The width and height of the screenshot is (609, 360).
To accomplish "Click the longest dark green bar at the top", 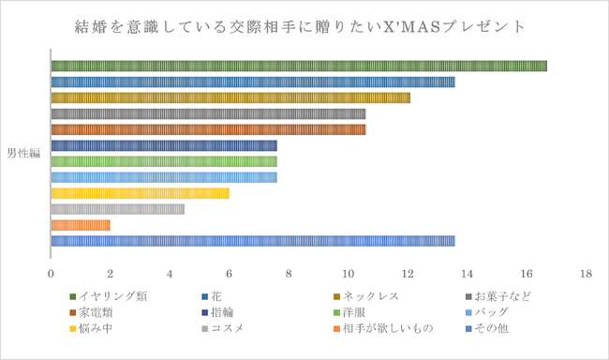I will click(x=298, y=66).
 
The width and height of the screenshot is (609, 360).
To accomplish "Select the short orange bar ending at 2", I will click(x=81, y=225).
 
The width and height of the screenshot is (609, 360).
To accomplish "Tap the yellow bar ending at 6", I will click(x=140, y=193).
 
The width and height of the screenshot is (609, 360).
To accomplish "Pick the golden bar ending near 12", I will click(x=230, y=97).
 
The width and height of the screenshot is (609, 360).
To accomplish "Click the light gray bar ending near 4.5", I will click(x=117, y=209).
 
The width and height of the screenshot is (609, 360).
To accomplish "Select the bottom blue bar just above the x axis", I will click(x=252, y=241).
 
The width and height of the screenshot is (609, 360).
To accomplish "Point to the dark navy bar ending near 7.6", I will click(x=164, y=145).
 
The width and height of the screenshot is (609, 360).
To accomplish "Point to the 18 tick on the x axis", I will click(x=587, y=275).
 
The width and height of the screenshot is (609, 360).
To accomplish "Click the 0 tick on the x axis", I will click(x=51, y=275).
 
